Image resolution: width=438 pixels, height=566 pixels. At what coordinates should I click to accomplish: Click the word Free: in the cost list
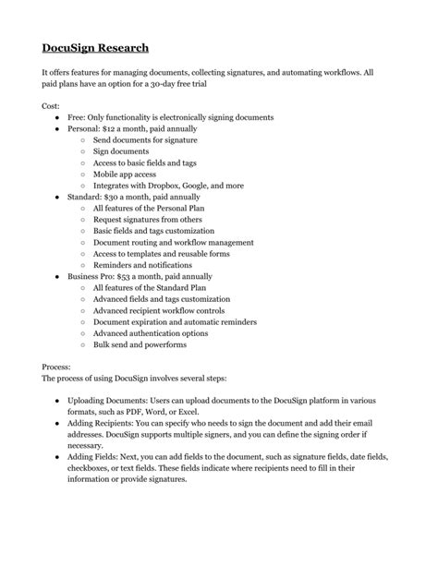79,118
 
